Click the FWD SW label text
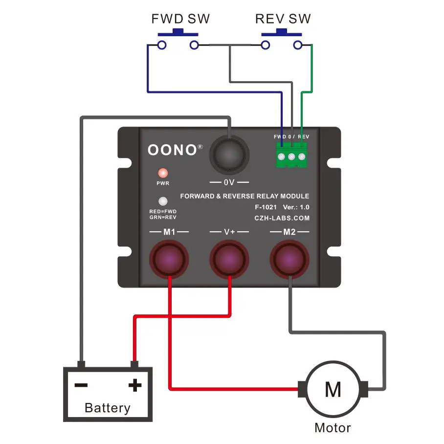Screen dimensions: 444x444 [x=180, y=19]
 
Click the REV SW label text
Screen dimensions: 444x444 [x=283, y=19]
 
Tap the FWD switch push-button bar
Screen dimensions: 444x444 [x=178, y=33]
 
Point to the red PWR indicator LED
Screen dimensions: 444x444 [x=163, y=173]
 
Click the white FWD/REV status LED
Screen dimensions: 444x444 [x=163, y=201]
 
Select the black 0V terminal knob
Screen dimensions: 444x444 [x=229, y=155]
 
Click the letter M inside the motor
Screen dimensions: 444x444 [x=333, y=389]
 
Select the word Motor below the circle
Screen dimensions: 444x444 [x=333, y=428]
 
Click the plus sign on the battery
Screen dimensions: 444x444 [x=135, y=385]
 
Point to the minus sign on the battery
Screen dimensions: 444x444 [x=81, y=385]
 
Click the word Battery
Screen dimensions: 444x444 [x=108, y=408]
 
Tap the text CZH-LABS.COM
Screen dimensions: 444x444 [x=282, y=219]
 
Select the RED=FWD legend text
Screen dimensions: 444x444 [x=163, y=211]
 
